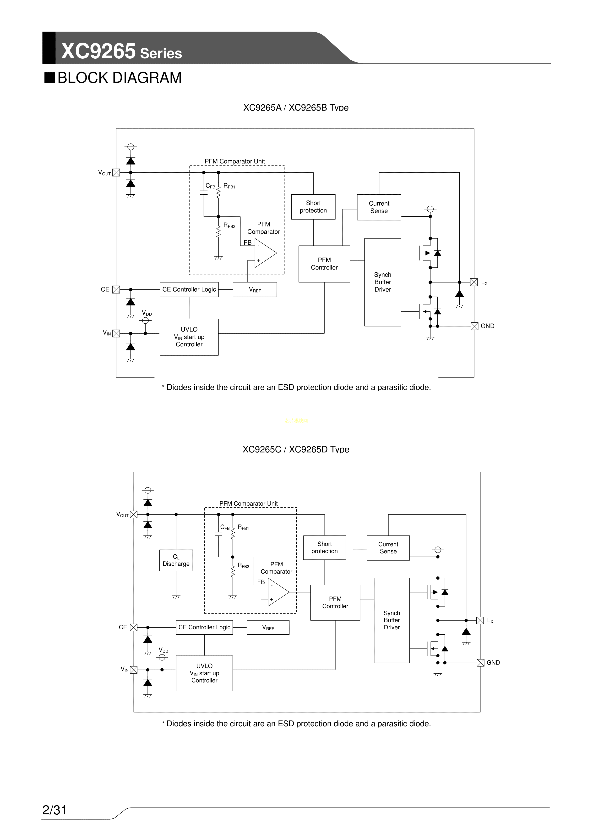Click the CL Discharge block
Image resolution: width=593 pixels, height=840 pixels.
pos(176,560)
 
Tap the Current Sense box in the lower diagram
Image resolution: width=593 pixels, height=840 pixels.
pos(388,548)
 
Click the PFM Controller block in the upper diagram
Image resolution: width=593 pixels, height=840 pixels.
pos(324,264)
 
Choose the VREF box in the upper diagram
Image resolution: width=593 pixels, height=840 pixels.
pos(255,290)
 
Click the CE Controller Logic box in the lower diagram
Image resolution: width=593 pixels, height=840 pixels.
pos(204,627)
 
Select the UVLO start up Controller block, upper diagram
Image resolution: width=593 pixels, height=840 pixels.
pos(189,337)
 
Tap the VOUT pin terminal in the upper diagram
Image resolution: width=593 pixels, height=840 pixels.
pos(116,173)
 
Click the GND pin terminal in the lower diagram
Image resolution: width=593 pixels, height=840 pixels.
pos(480,663)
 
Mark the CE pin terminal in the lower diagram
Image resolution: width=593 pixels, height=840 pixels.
pos(134,627)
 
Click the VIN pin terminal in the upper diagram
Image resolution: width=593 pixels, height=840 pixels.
pos(116,333)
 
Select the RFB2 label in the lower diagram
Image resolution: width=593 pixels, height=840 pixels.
pos(243,566)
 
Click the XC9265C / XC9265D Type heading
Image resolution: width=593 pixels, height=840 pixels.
pos(296,449)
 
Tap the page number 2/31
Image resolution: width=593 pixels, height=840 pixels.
pos(54,810)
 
